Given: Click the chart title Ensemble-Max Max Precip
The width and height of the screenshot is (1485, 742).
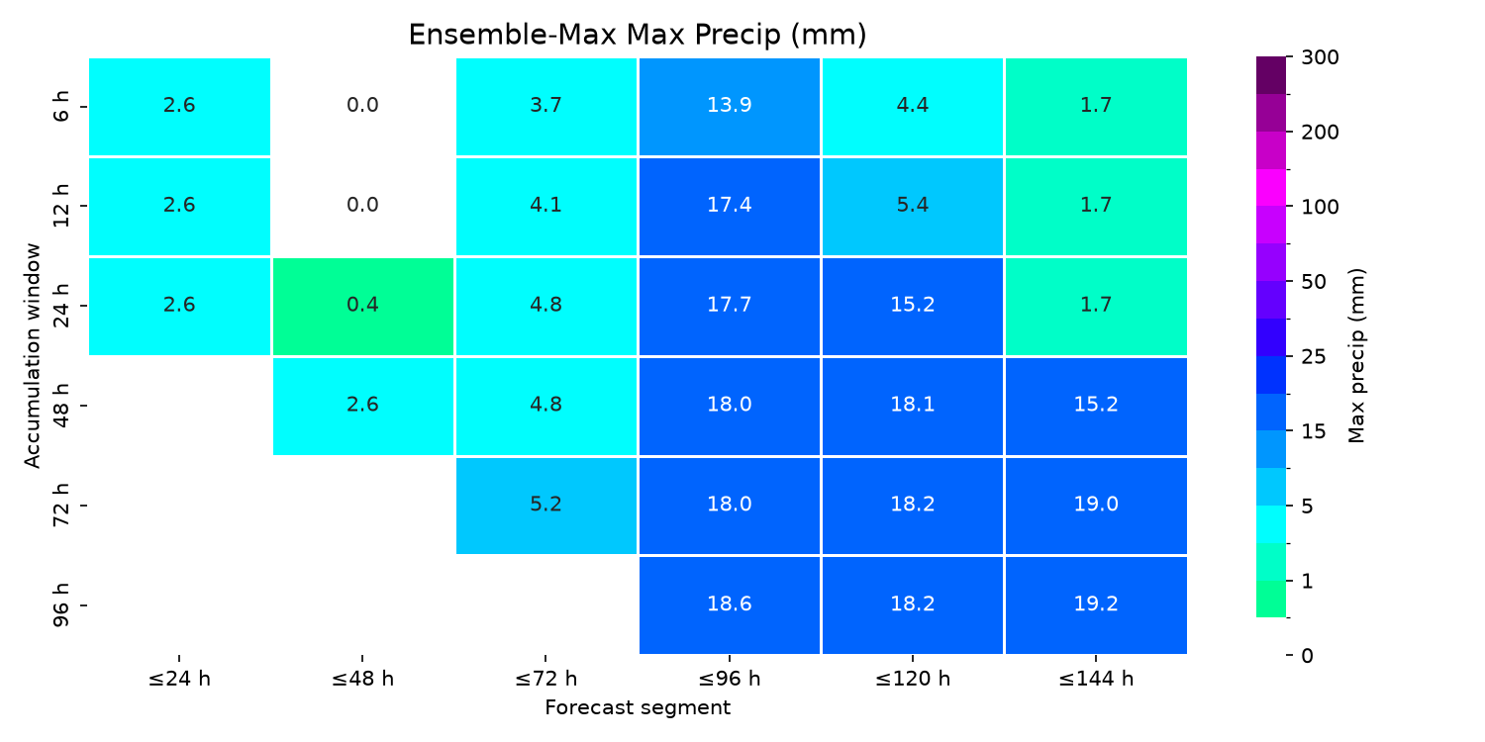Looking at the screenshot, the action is click(638, 35).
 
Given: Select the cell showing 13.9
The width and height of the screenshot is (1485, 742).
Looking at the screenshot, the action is click(730, 107).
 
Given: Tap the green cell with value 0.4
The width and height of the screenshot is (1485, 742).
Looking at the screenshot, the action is click(362, 306).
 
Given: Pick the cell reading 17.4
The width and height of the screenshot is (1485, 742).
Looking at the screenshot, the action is click(730, 206).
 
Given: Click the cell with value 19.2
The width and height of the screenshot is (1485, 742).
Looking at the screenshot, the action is click(1096, 604).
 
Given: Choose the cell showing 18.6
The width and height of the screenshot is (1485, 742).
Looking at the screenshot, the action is click(730, 604).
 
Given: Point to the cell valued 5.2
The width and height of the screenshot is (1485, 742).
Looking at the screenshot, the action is click(546, 506).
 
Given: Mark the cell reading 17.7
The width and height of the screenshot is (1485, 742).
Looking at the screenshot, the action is click(730, 306).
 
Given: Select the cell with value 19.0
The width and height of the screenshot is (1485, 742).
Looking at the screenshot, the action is click(1096, 506).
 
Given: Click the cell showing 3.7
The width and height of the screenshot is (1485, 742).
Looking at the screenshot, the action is click(546, 107).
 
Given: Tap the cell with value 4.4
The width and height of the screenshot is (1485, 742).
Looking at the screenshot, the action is click(912, 107).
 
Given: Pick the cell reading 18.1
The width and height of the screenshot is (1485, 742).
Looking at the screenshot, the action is click(912, 406).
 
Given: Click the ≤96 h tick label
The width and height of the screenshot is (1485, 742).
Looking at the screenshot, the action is click(730, 679).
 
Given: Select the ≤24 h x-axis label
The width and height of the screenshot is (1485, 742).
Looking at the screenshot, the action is click(179, 679).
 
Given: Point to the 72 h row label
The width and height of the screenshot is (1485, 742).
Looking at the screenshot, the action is click(60, 506).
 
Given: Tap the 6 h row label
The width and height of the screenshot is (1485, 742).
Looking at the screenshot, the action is click(60, 107).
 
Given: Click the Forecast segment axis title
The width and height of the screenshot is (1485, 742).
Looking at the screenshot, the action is click(638, 707).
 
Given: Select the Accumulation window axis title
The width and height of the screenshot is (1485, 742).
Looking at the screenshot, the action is click(32, 356).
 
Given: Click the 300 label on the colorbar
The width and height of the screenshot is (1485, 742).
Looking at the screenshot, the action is click(1320, 57).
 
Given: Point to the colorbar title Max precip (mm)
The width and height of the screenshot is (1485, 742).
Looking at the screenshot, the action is click(1356, 356).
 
